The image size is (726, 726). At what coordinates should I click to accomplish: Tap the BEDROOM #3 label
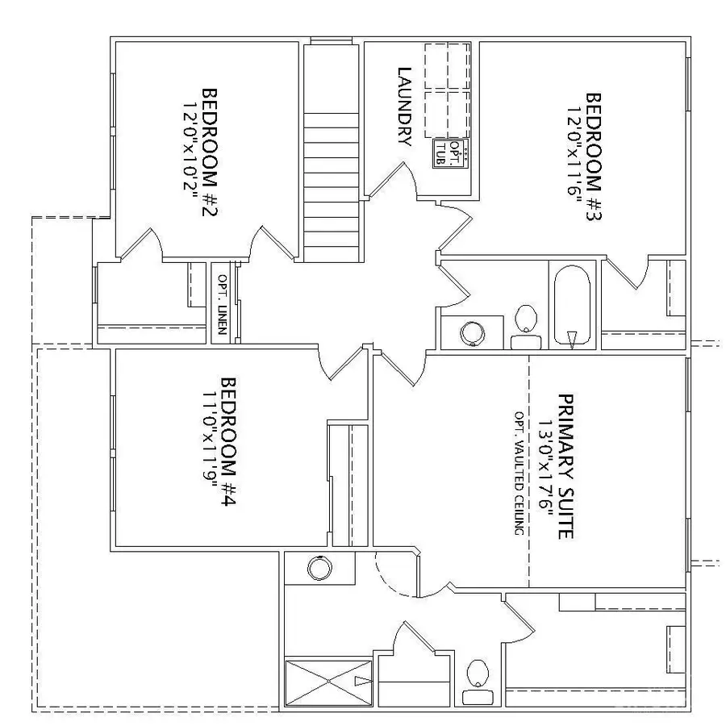tap(593, 161)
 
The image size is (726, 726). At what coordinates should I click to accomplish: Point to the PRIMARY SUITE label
tap(567, 466)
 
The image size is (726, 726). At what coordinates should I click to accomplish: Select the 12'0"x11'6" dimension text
tap(574, 161)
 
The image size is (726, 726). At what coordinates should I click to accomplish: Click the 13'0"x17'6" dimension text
tap(548, 466)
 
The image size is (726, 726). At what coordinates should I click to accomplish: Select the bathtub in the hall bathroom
tap(572, 305)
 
